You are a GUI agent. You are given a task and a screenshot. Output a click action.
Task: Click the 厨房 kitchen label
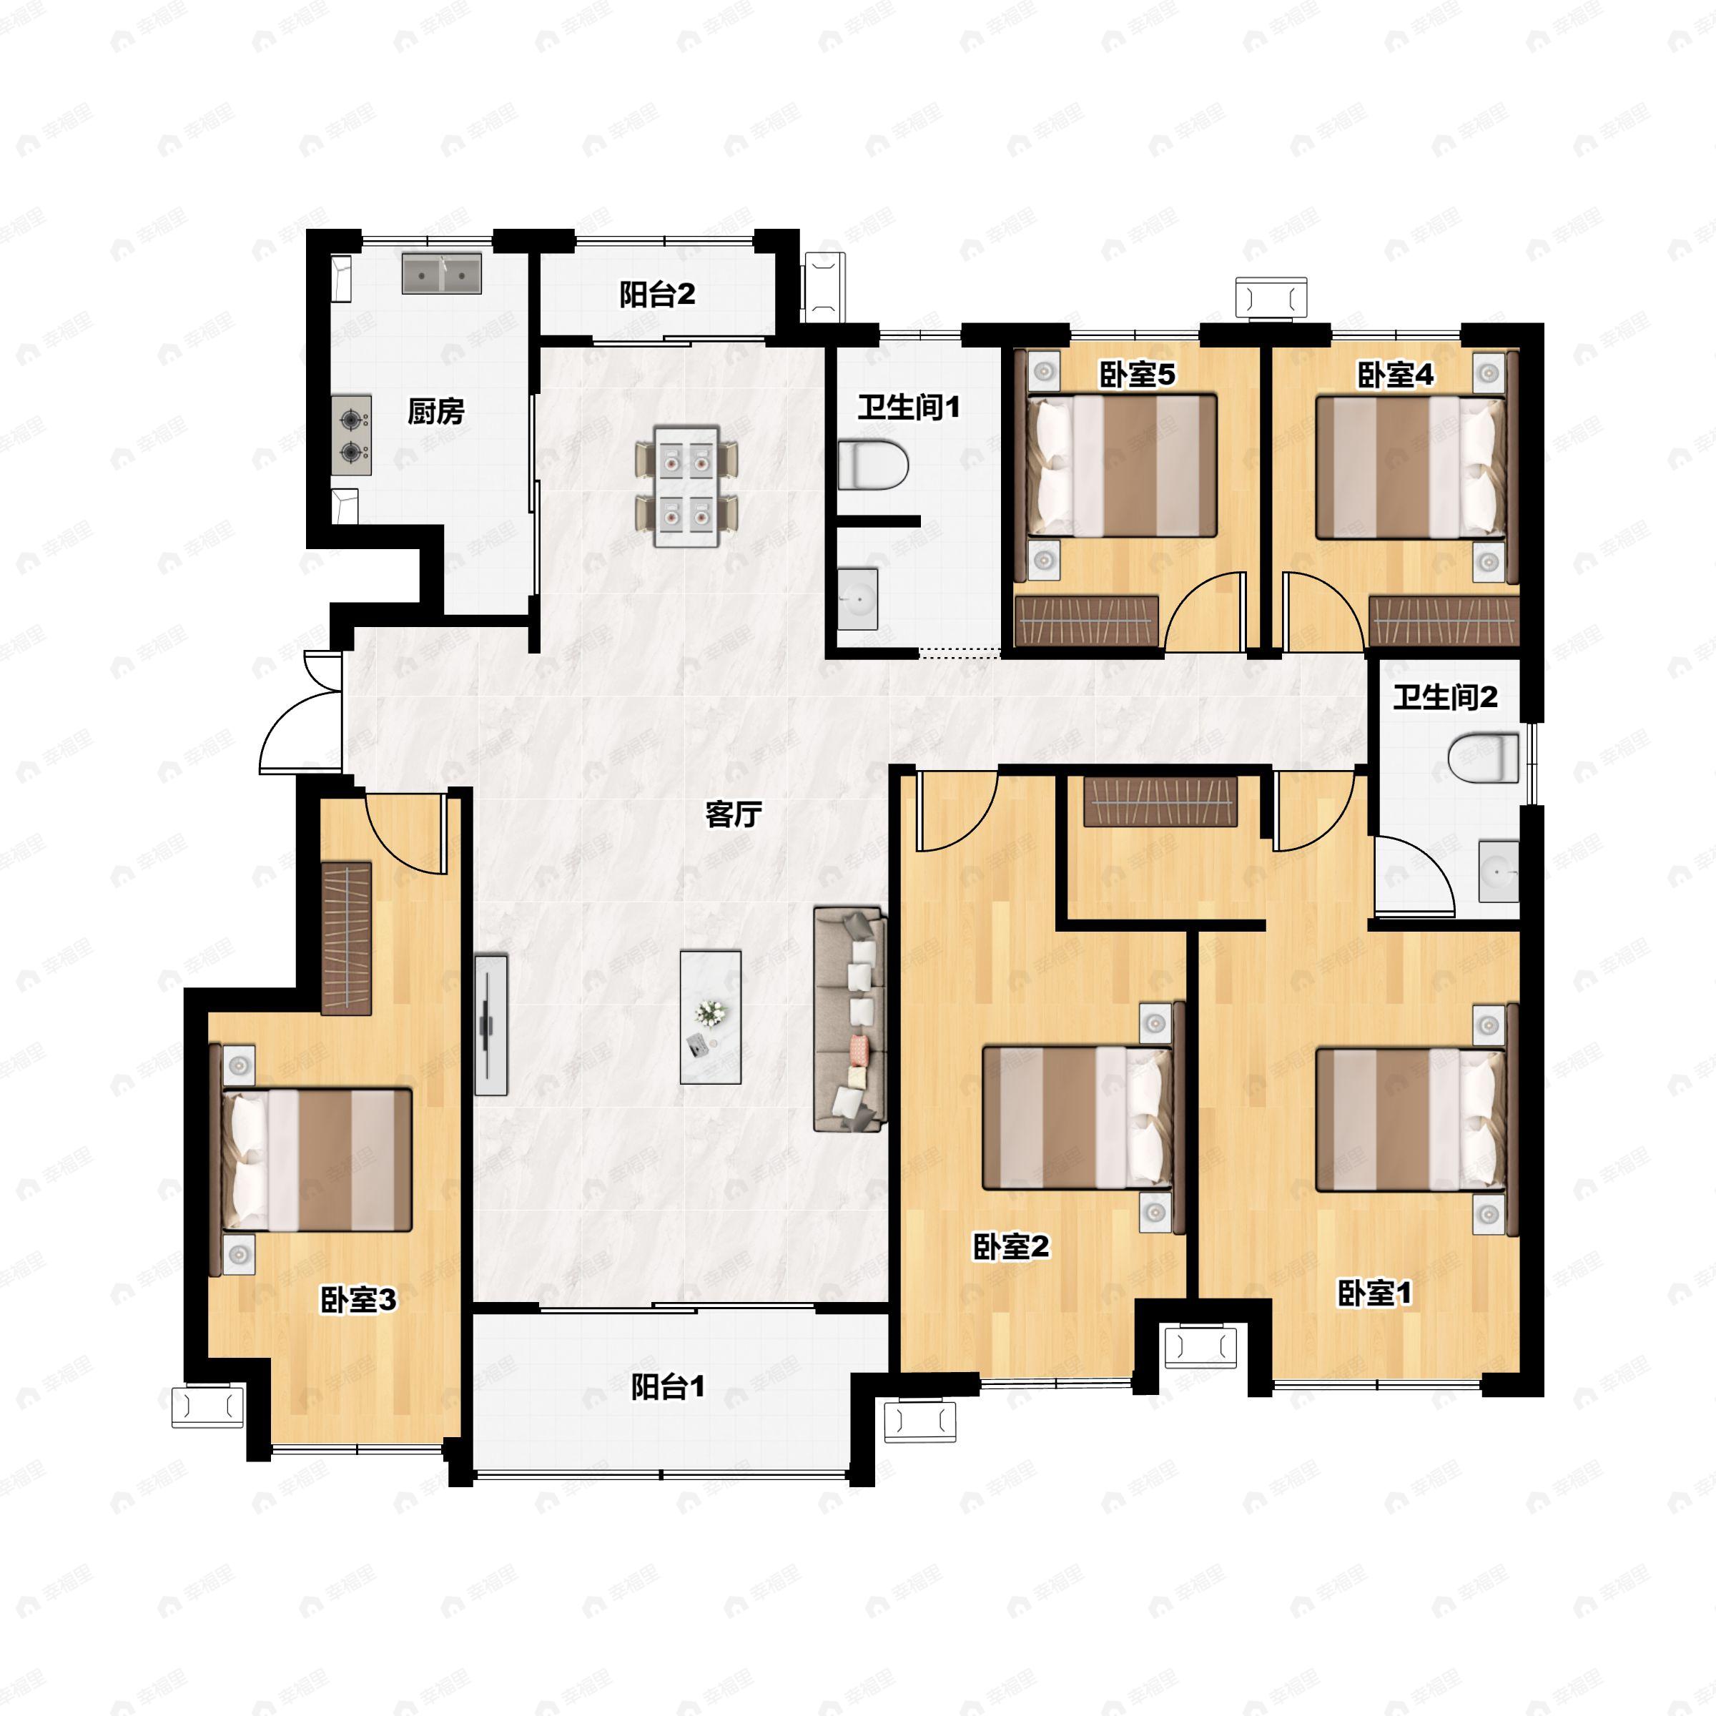[435, 411]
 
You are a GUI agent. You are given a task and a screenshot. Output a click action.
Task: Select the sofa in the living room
[850, 1019]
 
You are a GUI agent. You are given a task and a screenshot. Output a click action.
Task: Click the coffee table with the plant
[711, 1017]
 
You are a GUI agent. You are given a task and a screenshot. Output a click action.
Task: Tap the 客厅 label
[734, 814]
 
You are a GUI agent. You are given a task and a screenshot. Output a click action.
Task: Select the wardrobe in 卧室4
[1444, 620]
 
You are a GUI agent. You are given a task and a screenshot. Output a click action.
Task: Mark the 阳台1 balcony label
[668, 1386]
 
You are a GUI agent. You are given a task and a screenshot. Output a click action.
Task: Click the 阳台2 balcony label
[657, 294]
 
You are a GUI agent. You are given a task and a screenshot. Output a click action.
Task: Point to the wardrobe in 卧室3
[346, 937]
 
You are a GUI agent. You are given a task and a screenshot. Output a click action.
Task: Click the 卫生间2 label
[1445, 697]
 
